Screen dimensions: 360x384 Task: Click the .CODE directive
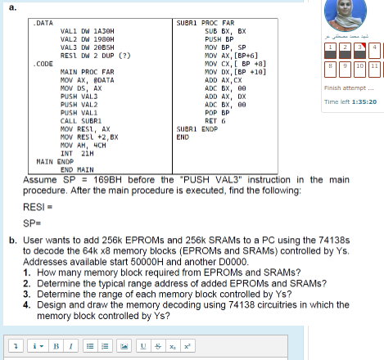click(43, 63)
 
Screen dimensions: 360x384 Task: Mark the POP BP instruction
click(215, 113)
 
